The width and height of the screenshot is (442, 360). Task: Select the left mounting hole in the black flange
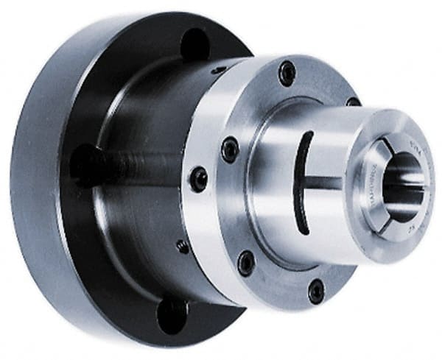point(84,164)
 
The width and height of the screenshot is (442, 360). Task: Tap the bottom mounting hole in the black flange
point(172,312)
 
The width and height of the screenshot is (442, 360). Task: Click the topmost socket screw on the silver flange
point(287,73)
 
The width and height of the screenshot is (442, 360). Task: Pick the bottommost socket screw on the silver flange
point(316,291)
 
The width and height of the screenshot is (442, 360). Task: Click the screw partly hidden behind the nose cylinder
point(353,102)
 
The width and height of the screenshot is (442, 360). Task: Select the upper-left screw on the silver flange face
point(230,149)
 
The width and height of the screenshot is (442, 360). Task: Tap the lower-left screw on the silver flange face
point(247,262)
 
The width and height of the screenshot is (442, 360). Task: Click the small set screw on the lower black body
point(182,247)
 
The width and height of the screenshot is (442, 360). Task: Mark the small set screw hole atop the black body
point(219,70)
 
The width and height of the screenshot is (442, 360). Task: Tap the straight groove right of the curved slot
point(324,183)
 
